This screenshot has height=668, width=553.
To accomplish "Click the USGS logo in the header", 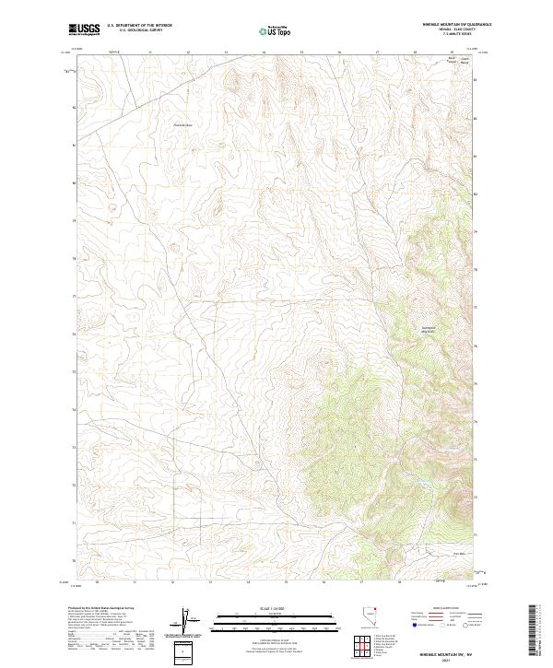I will [x=84, y=29].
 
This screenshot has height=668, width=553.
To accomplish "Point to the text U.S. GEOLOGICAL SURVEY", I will [x=135, y=30].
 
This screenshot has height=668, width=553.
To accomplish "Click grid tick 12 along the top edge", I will [x=187, y=53].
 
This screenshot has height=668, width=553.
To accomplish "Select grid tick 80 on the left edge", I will [x=73, y=182].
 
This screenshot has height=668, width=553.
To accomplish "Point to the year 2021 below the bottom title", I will [x=446, y=658].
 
